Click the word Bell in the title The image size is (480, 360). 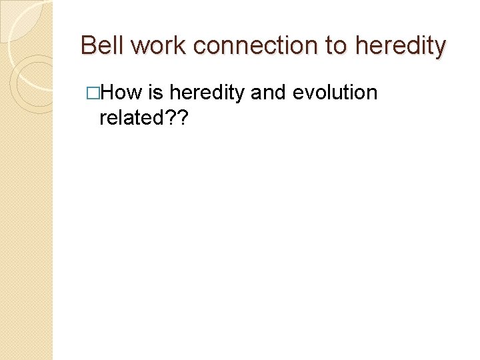[103, 45]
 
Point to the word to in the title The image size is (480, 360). [336, 45]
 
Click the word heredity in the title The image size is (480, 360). [401, 45]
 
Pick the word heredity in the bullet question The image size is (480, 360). [207, 93]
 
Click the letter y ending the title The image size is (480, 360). [439, 48]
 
